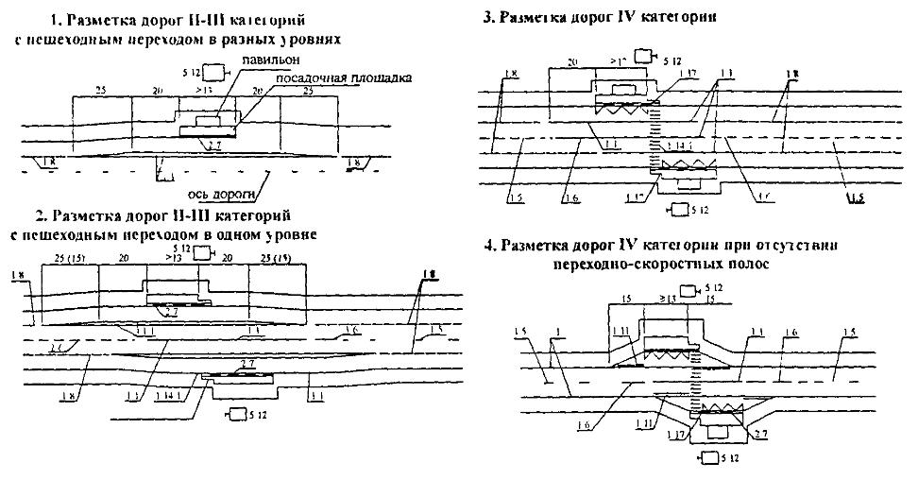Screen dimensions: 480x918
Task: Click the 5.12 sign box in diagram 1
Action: (216, 71)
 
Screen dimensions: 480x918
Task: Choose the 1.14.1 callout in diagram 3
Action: (677, 146)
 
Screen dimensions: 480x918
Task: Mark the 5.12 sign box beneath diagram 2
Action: (234, 414)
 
